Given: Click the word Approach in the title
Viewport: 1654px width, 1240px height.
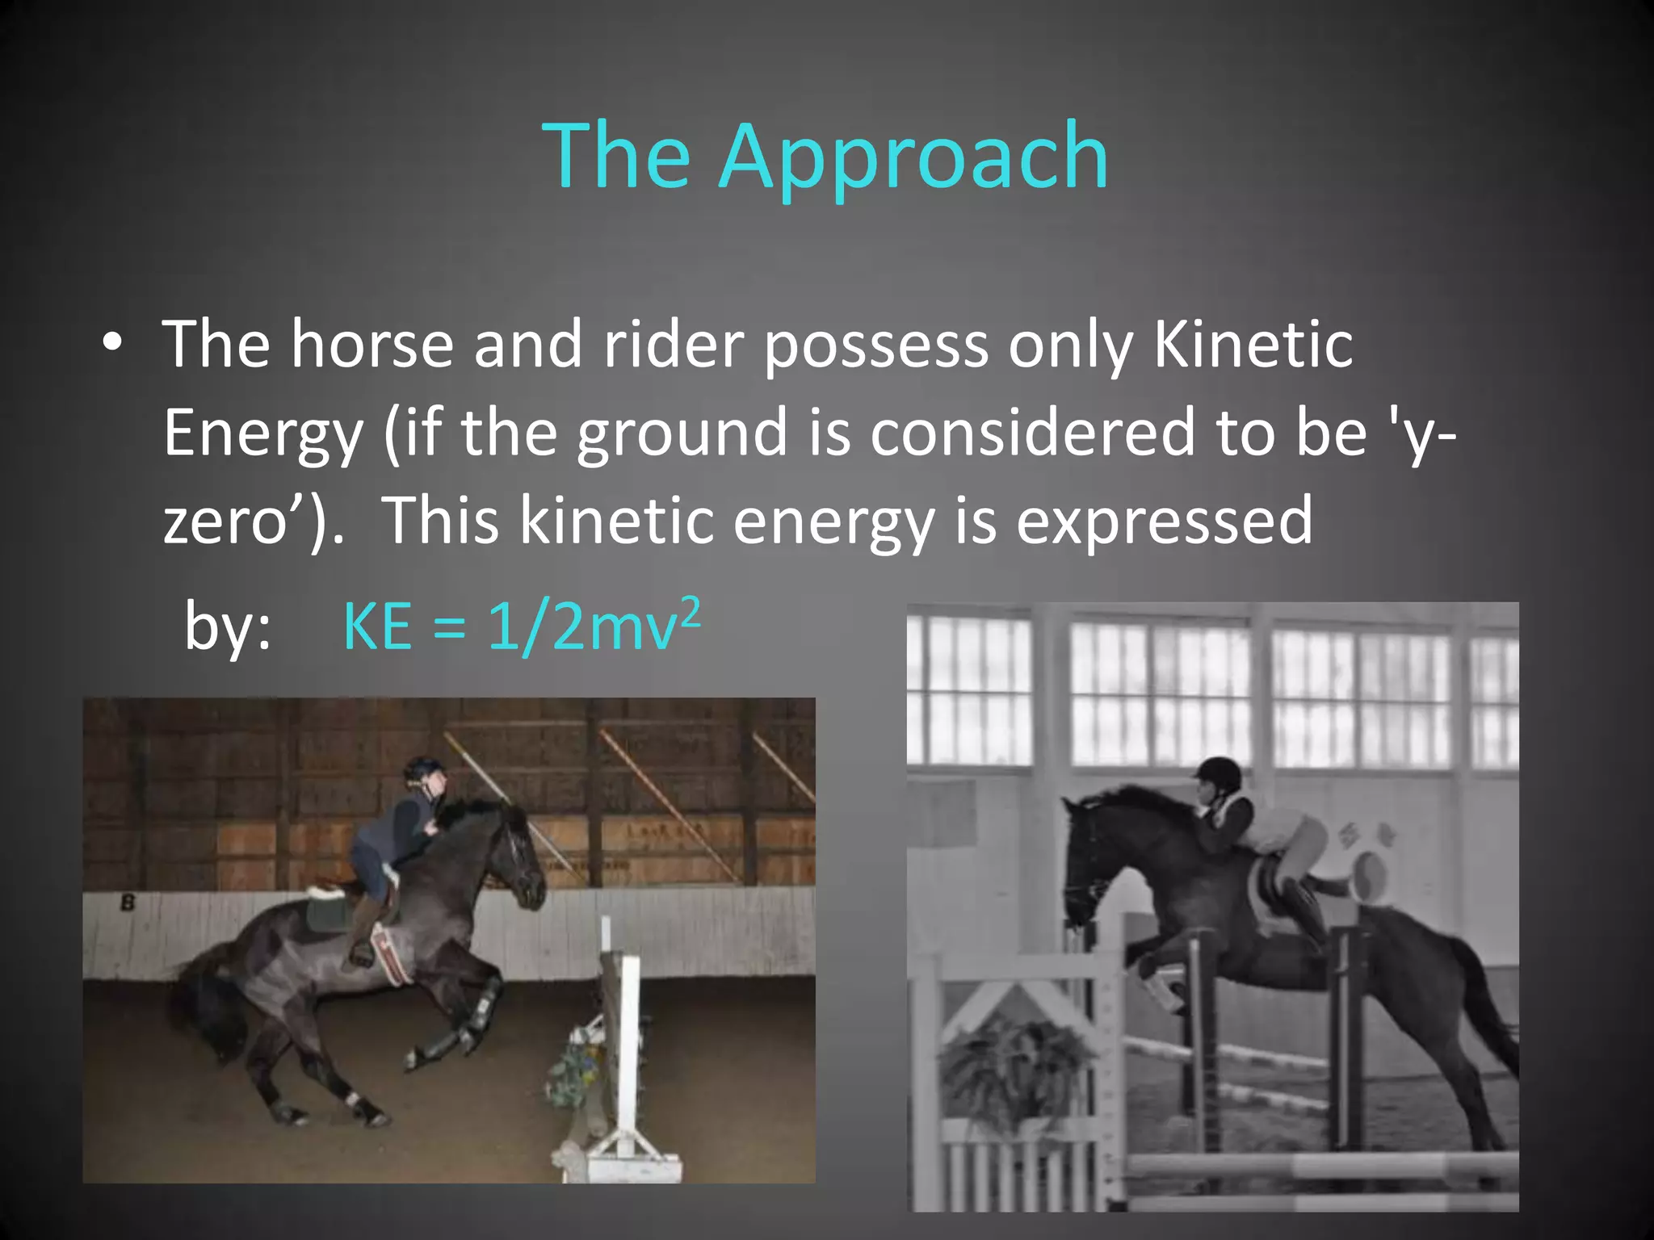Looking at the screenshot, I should click(x=913, y=157).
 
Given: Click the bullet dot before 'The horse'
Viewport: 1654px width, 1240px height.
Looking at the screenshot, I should click(x=112, y=343).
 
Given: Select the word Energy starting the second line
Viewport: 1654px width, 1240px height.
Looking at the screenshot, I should click(x=263, y=433).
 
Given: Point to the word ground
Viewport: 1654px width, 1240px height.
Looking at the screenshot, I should click(x=682, y=433).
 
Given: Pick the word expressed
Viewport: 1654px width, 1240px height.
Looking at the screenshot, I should click(x=1164, y=521).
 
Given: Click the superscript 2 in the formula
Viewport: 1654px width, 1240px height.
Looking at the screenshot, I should click(x=690, y=614).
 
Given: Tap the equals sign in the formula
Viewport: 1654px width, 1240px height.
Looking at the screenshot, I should click(x=449, y=629).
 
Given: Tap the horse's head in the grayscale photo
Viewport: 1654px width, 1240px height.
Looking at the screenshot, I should click(x=1087, y=864).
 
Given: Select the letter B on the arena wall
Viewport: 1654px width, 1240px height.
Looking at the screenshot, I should click(x=127, y=903).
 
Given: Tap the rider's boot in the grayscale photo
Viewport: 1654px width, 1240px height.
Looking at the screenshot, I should click(x=1303, y=912).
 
